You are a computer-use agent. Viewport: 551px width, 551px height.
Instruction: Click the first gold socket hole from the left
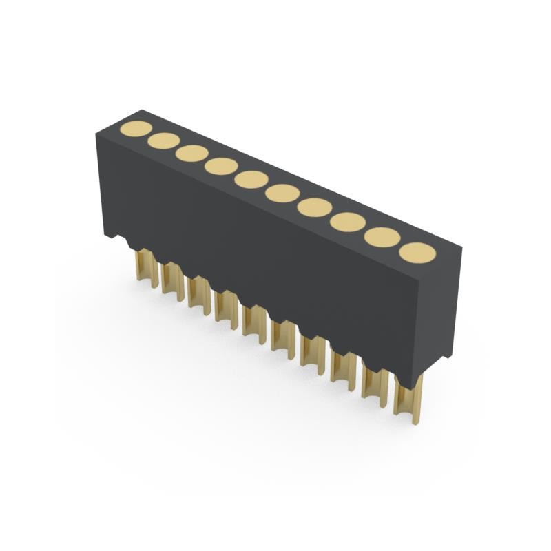tap(136, 129)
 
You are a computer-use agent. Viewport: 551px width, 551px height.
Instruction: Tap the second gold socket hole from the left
tap(163, 141)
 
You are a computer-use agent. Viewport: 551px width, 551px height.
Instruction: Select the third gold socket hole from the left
tap(191, 153)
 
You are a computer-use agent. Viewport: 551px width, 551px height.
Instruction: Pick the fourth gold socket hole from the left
tap(220, 166)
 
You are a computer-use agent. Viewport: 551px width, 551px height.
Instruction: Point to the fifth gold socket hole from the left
tap(251, 179)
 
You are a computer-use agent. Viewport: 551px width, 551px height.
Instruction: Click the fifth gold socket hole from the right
tap(282, 193)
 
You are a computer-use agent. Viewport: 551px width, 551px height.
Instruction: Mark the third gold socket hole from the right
tap(347, 222)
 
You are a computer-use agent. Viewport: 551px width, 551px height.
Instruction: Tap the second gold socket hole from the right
tap(382, 237)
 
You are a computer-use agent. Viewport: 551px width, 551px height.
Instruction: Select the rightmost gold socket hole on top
tap(417, 253)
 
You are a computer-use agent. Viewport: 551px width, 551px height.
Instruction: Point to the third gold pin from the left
tap(198, 295)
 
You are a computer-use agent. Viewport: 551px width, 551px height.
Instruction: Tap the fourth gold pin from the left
tap(225, 308)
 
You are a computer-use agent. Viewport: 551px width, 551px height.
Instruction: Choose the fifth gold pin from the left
tap(253, 322)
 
